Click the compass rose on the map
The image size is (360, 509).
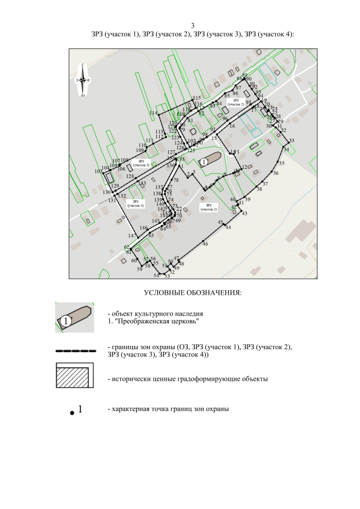[x=83, y=80]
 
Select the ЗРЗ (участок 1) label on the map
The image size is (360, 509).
[x=208, y=208]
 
